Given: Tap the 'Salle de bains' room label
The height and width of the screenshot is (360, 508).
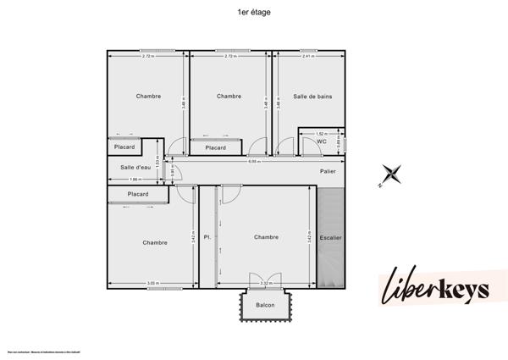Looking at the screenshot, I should coord(312,97).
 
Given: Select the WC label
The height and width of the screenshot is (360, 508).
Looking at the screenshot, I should coord(322,141).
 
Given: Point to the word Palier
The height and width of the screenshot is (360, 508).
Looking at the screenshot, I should coord(328,171).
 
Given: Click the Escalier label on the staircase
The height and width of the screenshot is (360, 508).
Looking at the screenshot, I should coord(331,238).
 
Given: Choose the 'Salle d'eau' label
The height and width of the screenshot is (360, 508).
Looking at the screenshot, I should coord(135,167).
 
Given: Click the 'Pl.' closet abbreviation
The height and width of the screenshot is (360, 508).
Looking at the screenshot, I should coord(207,238).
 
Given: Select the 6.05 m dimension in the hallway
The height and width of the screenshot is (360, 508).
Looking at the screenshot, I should coord(254,161).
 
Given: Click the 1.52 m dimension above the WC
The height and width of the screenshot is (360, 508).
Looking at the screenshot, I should coord(321,134).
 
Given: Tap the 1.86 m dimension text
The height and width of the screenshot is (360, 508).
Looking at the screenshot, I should coord(135,180).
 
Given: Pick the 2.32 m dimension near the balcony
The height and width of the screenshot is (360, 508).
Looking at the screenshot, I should coord(266,283).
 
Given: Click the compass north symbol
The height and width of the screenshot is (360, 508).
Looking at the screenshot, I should coord(390,174).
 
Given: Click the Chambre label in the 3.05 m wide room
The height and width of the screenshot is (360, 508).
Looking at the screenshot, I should coord(155,243).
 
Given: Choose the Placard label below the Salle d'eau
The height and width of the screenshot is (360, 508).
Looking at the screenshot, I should coord(138,194).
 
